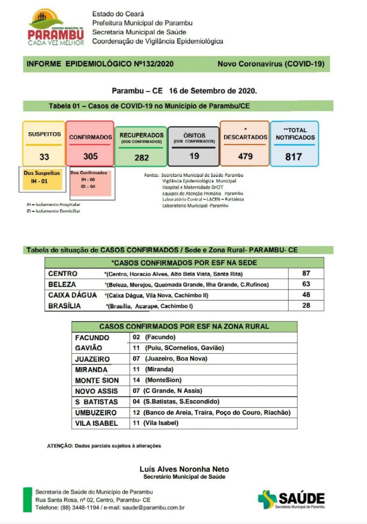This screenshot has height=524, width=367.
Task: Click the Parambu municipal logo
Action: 56,28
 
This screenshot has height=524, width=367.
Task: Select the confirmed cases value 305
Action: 90,156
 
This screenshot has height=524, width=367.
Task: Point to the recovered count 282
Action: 141,158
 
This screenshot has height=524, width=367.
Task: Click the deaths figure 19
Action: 194,155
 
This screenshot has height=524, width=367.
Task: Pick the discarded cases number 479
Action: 245,156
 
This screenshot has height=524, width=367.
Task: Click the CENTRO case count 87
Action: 306,274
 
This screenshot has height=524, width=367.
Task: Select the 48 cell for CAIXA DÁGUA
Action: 306,295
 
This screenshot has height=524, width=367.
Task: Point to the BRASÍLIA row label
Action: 65,306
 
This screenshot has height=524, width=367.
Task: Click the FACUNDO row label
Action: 92,338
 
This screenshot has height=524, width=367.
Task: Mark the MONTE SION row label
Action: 97,380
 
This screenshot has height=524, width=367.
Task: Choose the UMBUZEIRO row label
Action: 96,413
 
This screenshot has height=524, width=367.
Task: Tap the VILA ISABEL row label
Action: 96,423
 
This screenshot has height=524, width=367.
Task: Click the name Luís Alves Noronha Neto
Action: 184,469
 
